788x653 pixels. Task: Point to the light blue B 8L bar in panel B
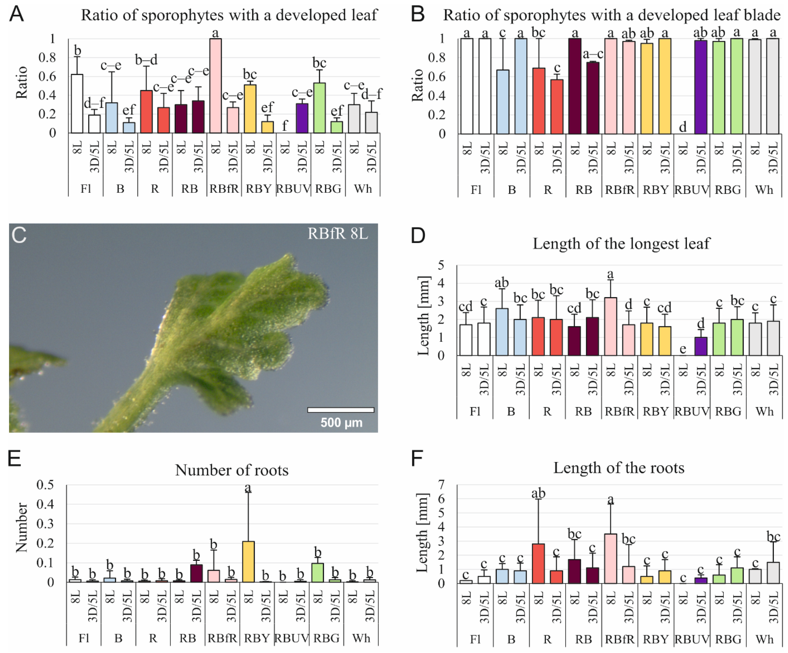click(x=503, y=101)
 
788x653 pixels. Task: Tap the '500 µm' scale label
click(x=341, y=423)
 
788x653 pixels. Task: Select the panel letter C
click(x=19, y=235)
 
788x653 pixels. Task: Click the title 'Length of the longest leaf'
click(x=621, y=244)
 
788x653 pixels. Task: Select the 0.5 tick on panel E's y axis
click(x=45, y=485)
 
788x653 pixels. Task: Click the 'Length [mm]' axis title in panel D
click(x=423, y=315)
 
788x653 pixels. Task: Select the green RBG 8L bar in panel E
click(x=317, y=572)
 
